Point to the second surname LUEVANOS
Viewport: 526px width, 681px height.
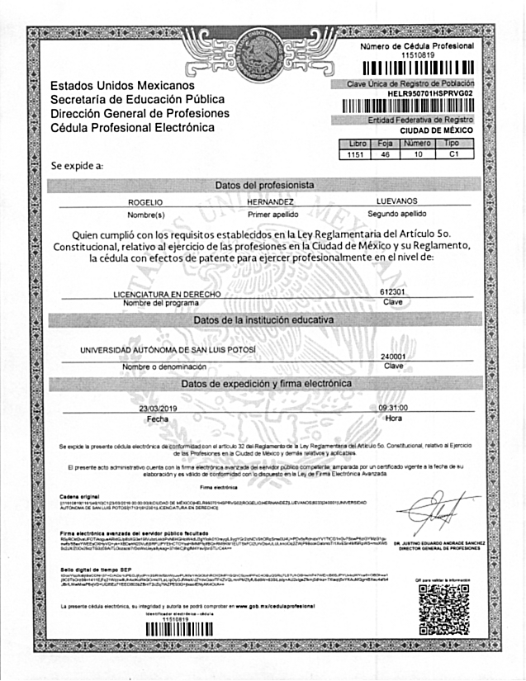click(x=397, y=201)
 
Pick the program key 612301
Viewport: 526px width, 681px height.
click(x=393, y=292)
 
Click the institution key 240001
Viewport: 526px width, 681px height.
click(x=393, y=356)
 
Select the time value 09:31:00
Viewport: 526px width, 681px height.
click(x=395, y=409)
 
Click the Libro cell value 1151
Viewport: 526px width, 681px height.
click(x=356, y=154)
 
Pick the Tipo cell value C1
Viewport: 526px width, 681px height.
click(x=452, y=154)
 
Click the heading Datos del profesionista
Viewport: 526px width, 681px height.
click(x=263, y=185)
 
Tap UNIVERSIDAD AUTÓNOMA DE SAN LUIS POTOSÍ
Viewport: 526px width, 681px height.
click(x=168, y=350)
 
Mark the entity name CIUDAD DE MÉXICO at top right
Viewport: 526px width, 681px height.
click(x=436, y=130)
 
